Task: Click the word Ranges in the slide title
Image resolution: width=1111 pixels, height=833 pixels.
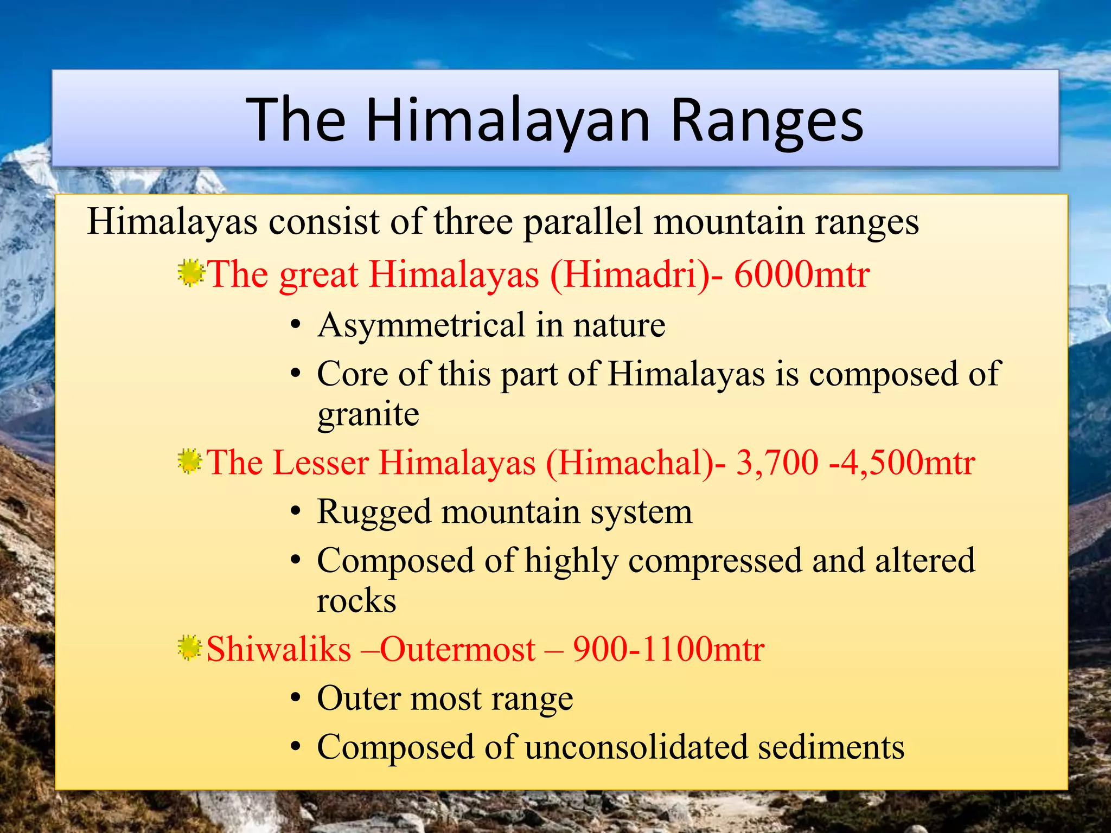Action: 767,122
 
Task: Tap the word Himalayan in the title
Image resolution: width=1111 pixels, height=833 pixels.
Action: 508,122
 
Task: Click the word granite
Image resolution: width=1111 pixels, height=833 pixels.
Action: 368,415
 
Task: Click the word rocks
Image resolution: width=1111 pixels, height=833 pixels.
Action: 356,601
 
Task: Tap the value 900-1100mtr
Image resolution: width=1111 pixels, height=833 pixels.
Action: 669,649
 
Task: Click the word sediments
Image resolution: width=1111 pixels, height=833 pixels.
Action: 831,747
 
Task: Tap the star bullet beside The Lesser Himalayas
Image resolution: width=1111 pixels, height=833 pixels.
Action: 190,462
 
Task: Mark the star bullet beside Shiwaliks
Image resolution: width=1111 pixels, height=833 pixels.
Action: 190,648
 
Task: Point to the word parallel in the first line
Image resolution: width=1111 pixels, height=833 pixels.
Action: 583,222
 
